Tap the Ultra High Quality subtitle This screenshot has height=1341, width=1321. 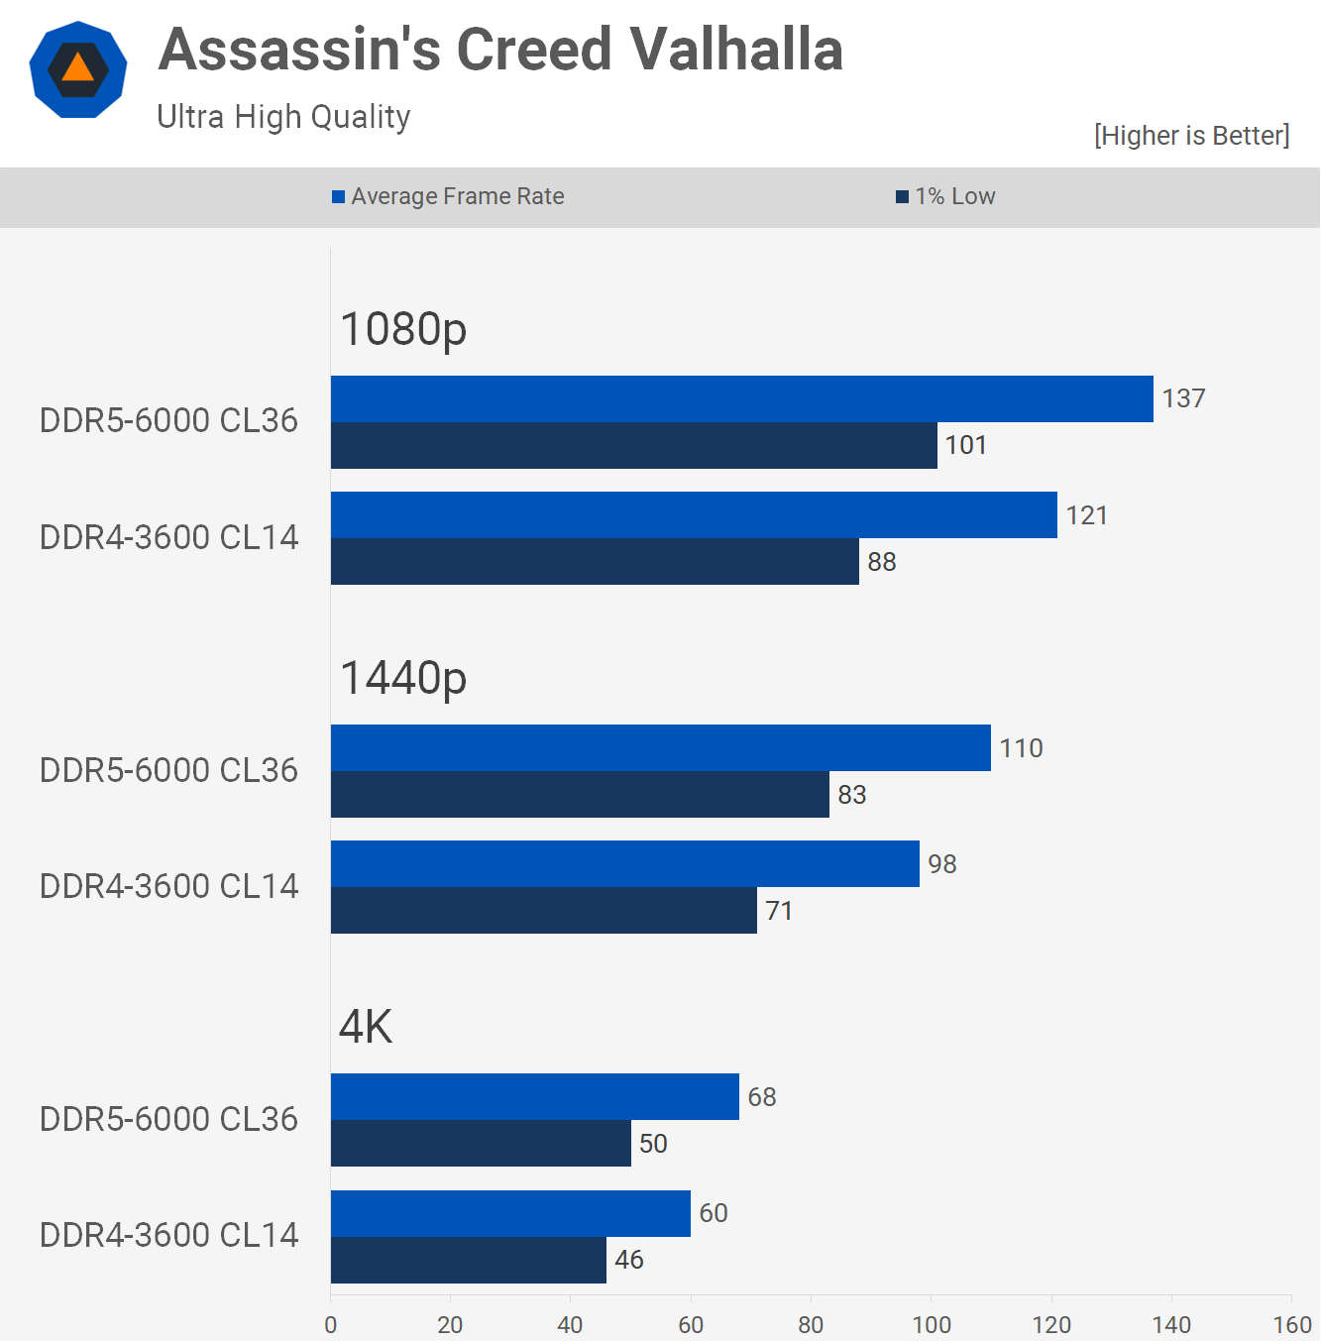[283, 117]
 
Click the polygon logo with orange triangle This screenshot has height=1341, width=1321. [78, 69]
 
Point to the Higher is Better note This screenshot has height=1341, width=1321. [1191, 136]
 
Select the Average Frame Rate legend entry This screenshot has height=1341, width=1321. [448, 196]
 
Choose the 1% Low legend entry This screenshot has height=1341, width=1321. [945, 196]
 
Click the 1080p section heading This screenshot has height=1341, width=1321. [403, 329]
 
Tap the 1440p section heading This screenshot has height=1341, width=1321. [403, 679]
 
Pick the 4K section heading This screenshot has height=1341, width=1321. [366, 1027]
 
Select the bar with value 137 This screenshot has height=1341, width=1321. [741, 399]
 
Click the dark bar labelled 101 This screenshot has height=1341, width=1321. [633, 446]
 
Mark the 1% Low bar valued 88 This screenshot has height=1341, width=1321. [595, 562]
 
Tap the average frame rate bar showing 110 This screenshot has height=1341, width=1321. [660, 748]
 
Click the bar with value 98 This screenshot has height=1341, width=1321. [624, 864]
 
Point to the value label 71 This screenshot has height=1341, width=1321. [779, 911]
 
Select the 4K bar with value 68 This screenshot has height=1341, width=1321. [534, 1097]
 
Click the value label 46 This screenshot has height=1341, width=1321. [629, 1260]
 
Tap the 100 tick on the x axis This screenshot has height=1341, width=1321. [932, 1325]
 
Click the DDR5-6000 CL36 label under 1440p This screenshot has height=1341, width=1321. [168, 770]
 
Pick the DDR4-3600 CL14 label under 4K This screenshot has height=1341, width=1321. [168, 1235]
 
